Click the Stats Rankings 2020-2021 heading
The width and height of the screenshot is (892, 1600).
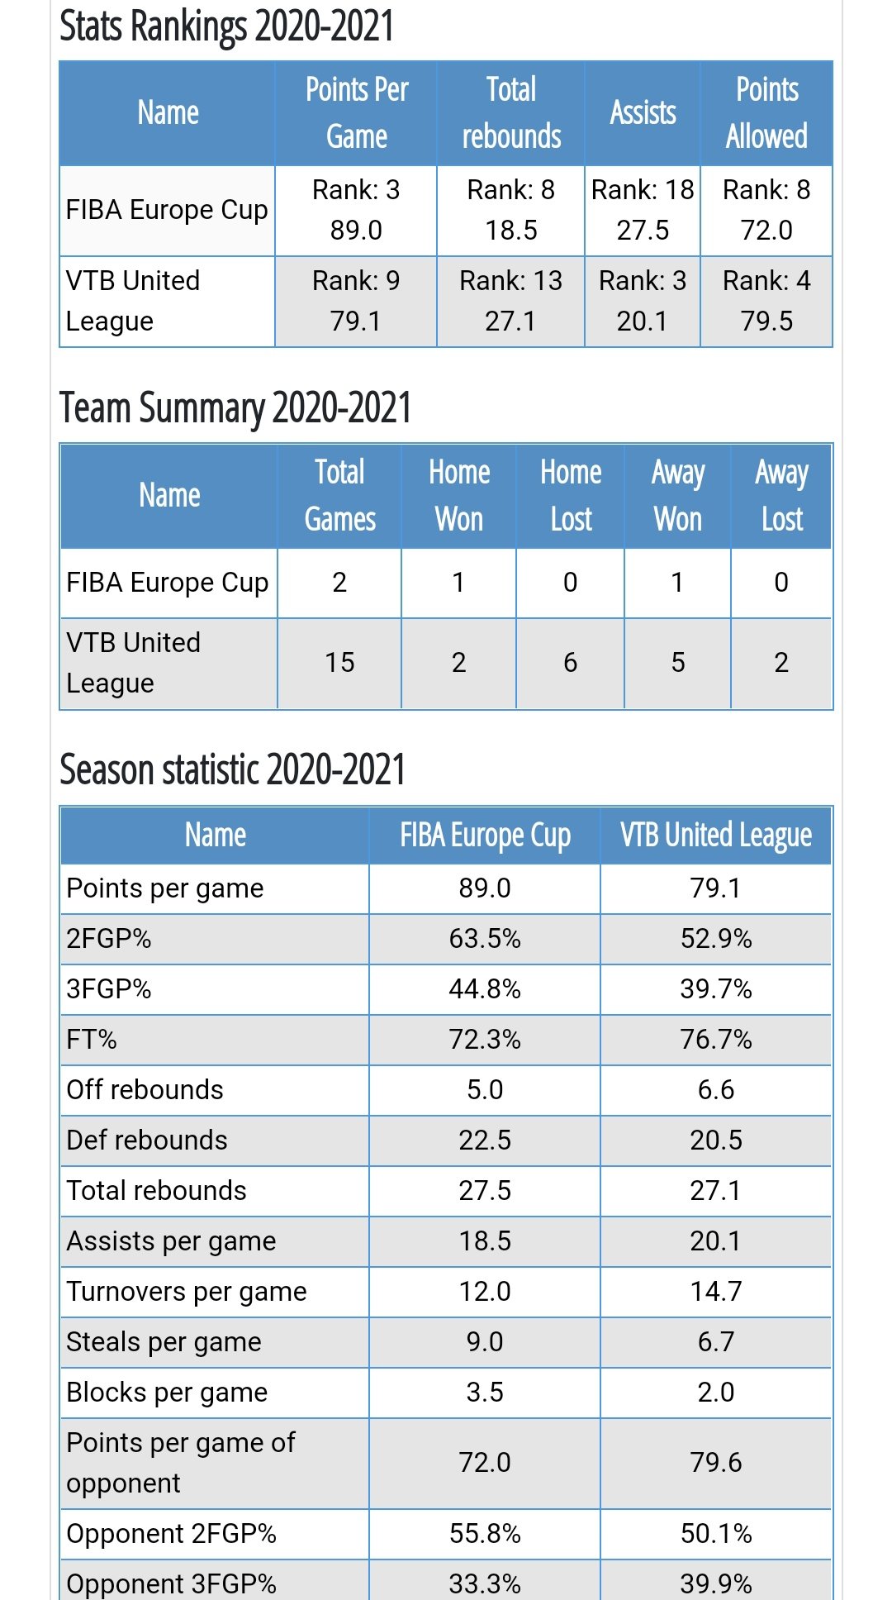click(226, 26)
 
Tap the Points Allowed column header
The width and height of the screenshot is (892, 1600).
click(766, 113)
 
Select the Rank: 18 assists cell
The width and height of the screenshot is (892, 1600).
click(643, 210)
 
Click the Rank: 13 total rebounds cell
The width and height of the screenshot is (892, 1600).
click(510, 301)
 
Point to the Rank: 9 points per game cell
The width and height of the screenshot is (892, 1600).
click(356, 301)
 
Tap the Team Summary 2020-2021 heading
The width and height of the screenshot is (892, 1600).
click(235, 408)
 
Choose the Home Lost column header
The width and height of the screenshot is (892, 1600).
click(571, 496)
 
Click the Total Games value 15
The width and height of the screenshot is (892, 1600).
click(339, 663)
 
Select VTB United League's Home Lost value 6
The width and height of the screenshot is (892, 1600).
click(571, 663)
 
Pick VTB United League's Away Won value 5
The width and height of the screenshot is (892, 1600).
click(678, 663)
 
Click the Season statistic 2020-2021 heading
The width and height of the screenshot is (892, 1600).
click(232, 770)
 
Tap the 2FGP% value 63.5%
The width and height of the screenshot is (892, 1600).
click(485, 939)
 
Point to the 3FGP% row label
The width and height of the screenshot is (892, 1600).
click(109, 989)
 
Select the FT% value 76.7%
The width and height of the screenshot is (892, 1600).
click(716, 1040)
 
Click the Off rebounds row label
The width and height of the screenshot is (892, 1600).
click(145, 1090)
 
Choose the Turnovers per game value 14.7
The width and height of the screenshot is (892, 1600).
click(716, 1292)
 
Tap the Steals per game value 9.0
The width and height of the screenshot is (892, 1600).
click(485, 1342)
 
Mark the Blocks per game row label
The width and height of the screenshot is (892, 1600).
click(167, 1393)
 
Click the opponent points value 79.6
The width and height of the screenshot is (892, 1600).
click(716, 1463)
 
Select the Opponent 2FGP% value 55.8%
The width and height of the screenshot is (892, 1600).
click(485, 1534)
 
